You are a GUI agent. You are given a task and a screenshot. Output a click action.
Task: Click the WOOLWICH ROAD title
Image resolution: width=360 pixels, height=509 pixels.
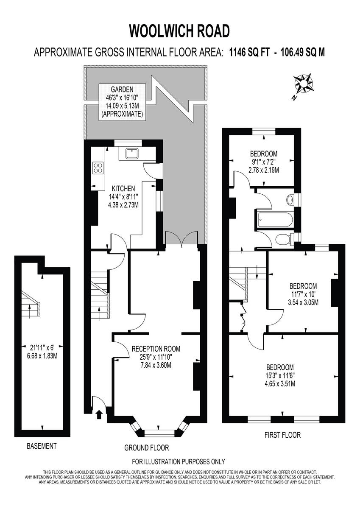click(x=179, y=31)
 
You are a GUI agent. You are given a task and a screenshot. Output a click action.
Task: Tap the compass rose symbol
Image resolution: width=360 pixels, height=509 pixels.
click(x=304, y=84)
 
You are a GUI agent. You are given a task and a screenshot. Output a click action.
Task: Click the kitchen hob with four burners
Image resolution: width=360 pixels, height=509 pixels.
click(x=98, y=168)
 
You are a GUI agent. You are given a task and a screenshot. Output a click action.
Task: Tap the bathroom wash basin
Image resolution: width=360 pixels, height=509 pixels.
click(x=290, y=199)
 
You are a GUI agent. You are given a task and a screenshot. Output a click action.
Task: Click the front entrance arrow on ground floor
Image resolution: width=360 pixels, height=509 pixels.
click(x=100, y=414)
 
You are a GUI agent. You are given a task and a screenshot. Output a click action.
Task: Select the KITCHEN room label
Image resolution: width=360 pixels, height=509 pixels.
click(x=123, y=188)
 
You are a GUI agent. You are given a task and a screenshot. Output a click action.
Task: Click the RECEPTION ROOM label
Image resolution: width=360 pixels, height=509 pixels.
click(x=156, y=349)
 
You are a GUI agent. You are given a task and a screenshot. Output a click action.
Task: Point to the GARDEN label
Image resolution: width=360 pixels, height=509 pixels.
click(x=122, y=89)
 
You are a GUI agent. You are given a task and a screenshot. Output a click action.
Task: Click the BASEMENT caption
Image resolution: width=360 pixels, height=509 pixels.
click(x=42, y=446)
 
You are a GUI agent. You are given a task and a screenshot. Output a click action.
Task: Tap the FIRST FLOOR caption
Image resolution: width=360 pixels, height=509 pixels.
click(x=282, y=435)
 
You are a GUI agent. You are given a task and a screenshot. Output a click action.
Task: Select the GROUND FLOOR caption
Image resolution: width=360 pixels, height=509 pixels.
click(x=146, y=447)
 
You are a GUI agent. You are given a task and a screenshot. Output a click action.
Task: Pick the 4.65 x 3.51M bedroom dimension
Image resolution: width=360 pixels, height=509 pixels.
click(x=280, y=384)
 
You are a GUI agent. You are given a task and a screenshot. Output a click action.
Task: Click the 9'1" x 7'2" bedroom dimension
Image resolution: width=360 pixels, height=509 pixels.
click(x=263, y=162)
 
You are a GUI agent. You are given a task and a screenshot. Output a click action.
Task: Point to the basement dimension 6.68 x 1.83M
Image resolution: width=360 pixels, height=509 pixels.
click(x=42, y=355)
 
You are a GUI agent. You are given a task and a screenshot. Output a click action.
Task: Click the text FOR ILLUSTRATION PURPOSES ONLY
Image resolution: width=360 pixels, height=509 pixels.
click(x=179, y=461)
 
